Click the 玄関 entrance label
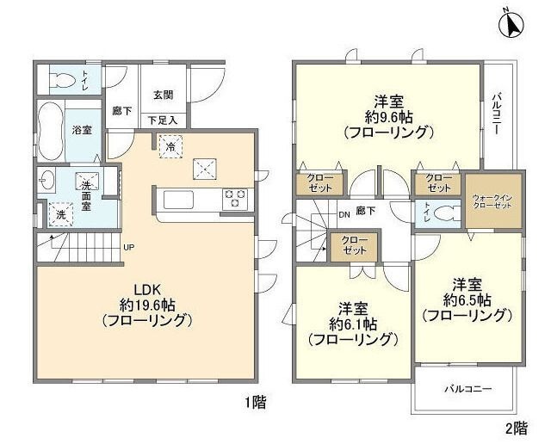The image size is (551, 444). click(x=164, y=95)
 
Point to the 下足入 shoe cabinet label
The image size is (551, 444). click(x=163, y=120)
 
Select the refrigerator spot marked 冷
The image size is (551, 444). click(x=170, y=146)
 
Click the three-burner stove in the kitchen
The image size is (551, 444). click(x=235, y=200)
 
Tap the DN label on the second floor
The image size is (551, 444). click(x=343, y=215)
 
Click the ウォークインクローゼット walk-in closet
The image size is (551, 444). click(x=494, y=203)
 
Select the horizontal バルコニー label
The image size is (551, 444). click(x=468, y=389)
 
